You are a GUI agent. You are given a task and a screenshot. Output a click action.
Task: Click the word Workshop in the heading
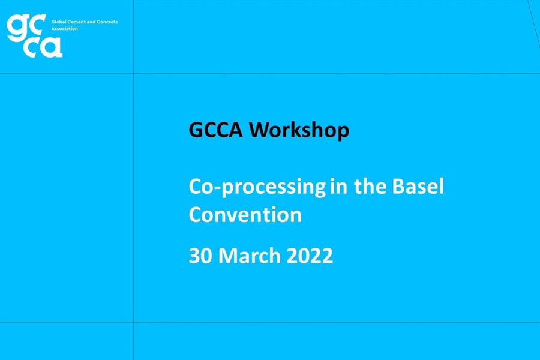pos(299,130)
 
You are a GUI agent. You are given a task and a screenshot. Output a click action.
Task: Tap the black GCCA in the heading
pos(215,130)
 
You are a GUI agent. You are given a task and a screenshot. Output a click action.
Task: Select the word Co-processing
pos(257,187)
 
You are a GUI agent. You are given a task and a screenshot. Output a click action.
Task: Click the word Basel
pos(418,186)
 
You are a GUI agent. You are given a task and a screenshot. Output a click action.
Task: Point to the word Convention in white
pos(245,214)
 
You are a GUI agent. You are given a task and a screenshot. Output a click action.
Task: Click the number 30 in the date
pos(200,256)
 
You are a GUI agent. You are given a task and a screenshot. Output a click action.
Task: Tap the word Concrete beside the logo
pos(107,22)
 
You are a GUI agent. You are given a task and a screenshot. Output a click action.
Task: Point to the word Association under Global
pos(64,29)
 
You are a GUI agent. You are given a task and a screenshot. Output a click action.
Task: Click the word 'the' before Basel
pos(370,186)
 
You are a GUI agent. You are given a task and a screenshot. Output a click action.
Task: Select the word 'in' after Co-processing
pos(338,186)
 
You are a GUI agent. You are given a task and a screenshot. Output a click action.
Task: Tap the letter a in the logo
pos(52,47)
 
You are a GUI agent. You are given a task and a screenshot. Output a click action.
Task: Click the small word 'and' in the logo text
pos(91,22)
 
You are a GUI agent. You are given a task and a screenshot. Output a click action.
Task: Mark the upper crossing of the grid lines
pos(134,73)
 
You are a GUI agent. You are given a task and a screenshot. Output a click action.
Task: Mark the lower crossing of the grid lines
pos(134,323)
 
